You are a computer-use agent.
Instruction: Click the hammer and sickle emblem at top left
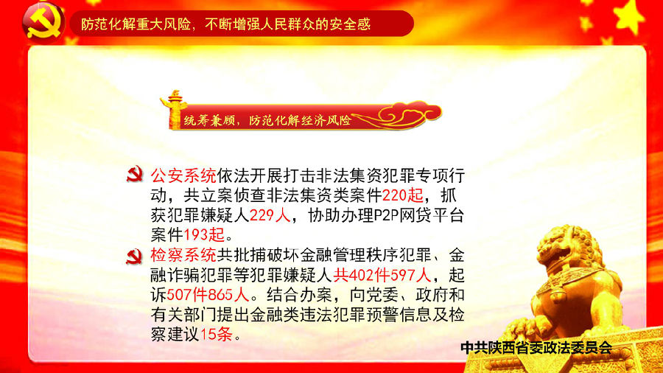(x=43, y=21)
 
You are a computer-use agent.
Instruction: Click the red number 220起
(x=402, y=195)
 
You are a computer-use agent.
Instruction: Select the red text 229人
(x=270, y=215)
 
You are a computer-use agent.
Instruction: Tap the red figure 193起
(x=204, y=234)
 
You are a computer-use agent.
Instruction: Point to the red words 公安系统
(x=183, y=175)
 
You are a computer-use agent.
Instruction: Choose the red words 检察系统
(x=183, y=256)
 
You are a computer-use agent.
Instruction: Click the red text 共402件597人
(x=382, y=275)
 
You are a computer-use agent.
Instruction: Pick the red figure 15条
(x=216, y=335)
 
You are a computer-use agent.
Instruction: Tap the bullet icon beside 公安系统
(x=135, y=175)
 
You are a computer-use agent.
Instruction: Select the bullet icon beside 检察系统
(x=135, y=257)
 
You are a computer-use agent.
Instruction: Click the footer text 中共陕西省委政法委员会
(x=536, y=348)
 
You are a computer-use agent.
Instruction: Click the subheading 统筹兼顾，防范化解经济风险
(x=267, y=121)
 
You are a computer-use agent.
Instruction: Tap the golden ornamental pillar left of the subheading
(x=173, y=109)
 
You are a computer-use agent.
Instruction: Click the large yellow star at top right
(x=631, y=16)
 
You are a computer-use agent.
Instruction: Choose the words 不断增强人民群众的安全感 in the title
(x=287, y=24)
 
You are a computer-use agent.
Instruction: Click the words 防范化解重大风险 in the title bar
(x=136, y=24)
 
